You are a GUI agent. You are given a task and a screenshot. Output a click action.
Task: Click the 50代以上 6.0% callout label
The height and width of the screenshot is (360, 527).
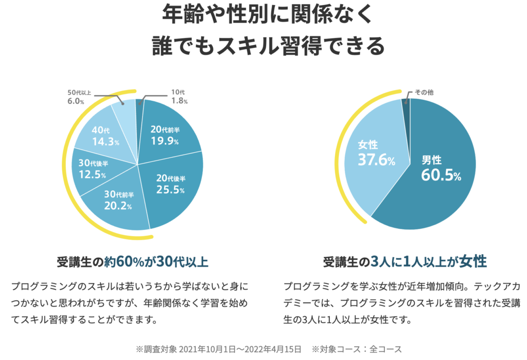pyautogui.click(x=79, y=97)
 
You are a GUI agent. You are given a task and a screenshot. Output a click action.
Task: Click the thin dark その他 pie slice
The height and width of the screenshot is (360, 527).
pyautogui.click(x=407, y=111)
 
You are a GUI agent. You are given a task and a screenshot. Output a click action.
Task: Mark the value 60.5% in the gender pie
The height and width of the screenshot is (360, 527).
pyautogui.click(x=441, y=175)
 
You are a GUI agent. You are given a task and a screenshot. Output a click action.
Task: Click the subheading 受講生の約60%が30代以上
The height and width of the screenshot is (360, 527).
pyautogui.click(x=132, y=262)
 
